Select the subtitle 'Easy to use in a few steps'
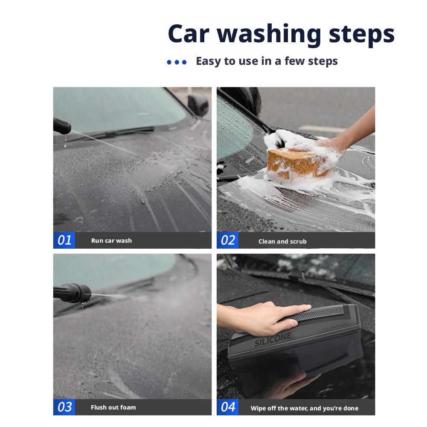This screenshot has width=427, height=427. coord(266,61)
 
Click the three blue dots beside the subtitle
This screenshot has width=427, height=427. coord(177,62)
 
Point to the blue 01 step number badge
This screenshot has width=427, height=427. coord(64,240)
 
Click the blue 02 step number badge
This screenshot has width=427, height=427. coord(228,241)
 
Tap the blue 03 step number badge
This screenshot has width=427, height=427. coord(64,407)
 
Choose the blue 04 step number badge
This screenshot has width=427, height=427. coord(228,407)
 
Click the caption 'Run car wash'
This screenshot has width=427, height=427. coord(111,241)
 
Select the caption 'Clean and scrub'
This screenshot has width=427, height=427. coord(282,241)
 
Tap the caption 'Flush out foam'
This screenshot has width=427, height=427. coord(113,407)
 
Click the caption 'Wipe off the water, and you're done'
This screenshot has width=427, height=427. coord(305,408)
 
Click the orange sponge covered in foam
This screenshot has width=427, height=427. coord(299,162)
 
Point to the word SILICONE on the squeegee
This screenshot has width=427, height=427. coord(273,340)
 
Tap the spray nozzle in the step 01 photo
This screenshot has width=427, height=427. coord(62,125)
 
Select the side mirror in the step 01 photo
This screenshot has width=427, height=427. coord(198,105)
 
